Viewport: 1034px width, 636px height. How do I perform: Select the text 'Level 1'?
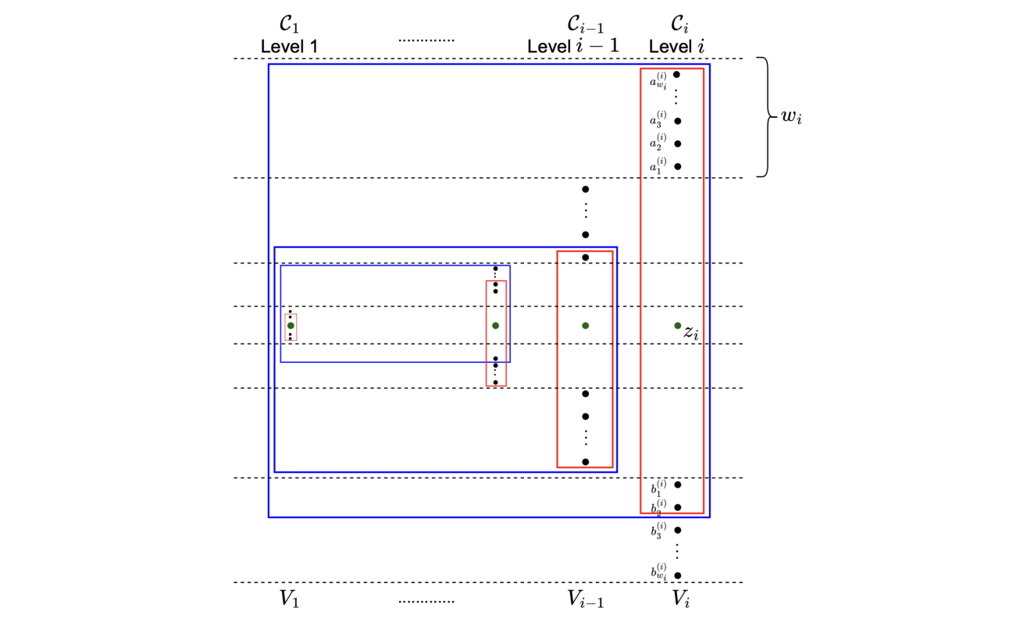click(289, 47)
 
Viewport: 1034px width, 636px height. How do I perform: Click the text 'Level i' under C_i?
click(677, 47)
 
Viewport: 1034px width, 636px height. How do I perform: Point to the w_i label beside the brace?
click(791, 118)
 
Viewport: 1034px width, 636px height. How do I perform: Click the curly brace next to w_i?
click(767, 118)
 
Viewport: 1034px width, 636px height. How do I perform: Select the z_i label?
click(690, 332)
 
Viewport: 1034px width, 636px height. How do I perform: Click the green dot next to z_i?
click(677, 325)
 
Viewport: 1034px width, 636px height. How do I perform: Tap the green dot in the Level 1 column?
click(291, 325)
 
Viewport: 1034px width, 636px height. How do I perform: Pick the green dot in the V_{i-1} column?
click(585, 325)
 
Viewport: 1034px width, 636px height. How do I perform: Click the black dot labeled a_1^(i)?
click(677, 166)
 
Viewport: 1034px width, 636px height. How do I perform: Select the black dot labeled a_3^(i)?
click(677, 121)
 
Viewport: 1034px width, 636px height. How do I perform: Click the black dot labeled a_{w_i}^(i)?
click(676, 75)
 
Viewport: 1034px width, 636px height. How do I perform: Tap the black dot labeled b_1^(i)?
click(677, 485)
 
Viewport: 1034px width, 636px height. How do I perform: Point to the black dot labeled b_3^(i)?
click(677, 530)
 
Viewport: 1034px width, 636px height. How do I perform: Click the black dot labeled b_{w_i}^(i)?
click(677, 575)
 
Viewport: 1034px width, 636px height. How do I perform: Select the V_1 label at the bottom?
click(289, 599)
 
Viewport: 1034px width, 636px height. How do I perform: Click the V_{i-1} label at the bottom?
click(585, 599)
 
